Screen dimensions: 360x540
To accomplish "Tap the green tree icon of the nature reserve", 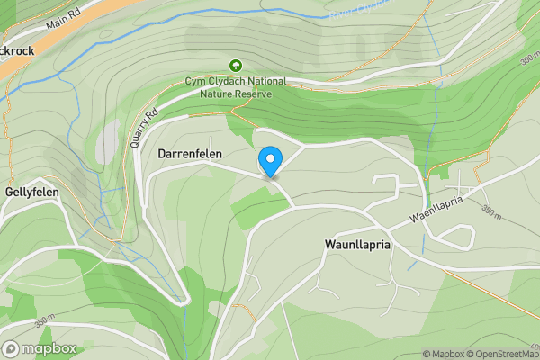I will pyautogui.click(x=236, y=65).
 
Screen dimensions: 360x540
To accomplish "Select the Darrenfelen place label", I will pyautogui.click(x=190, y=155).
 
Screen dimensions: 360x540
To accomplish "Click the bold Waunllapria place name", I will pyautogui.click(x=358, y=244).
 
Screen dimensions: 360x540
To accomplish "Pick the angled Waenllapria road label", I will pyautogui.click(x=441, y=211).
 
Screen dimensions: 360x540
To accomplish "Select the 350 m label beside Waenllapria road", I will pyautogui.click(x=491, y=212).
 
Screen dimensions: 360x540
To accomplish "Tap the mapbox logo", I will pyautogui.click(x=39, y=349).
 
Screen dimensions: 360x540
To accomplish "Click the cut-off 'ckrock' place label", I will pyautogui.click(x=17, y=50).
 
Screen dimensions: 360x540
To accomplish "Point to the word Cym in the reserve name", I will pyautogui.click(x=197, y=81).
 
